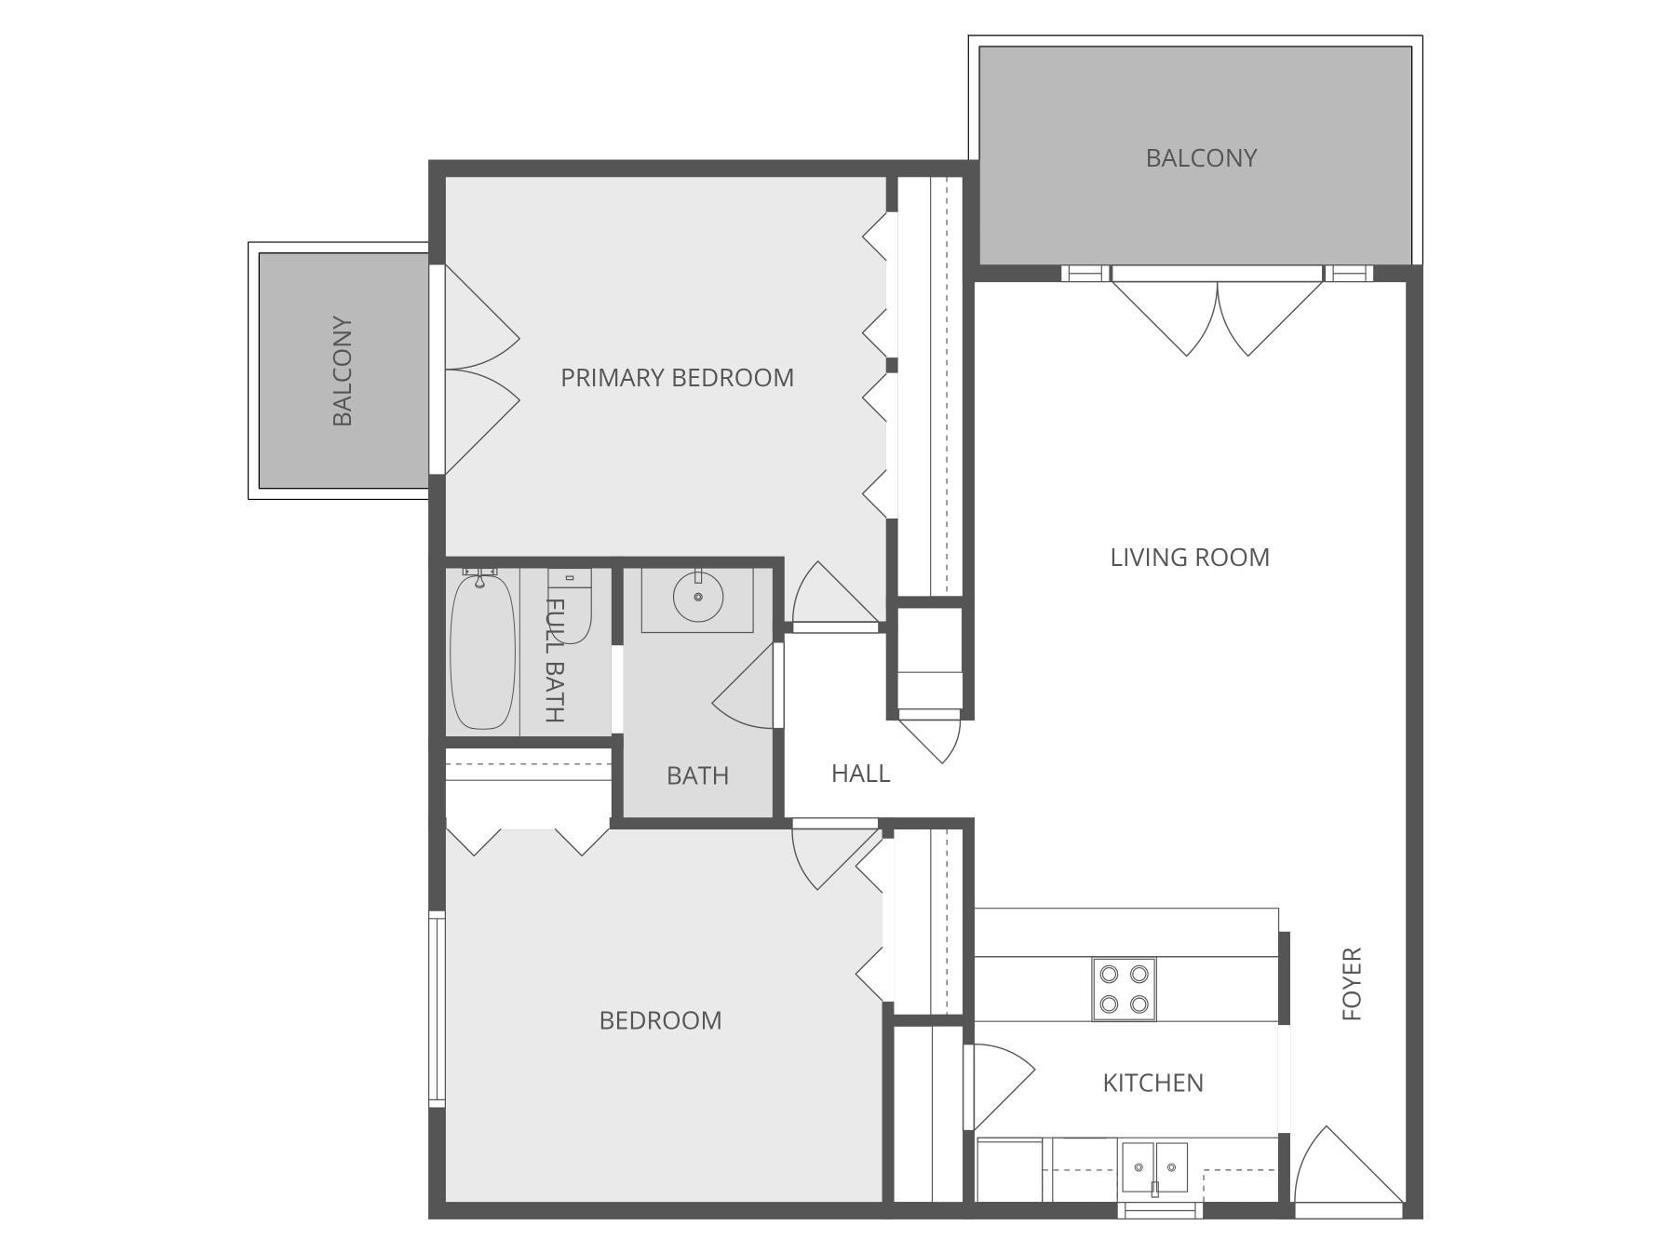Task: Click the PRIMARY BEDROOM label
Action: [677, 378]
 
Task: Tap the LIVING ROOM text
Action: [1189, 558]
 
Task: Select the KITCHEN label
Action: [1152, 1083]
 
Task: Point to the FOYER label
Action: [1352, 984]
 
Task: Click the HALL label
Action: [860, 774]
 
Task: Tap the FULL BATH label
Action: [554, 661]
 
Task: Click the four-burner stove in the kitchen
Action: [1123, 990]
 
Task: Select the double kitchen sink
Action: [1153, 1167]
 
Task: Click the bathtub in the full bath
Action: [482, 652]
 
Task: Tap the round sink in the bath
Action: [697, 597]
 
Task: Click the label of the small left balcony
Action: [343, 371]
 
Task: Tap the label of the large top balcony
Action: [1200, 158]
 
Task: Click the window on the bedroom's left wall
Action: [437, 1009]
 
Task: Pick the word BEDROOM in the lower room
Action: [660, 1021]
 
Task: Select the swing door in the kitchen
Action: [998, 1085]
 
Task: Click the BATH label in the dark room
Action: [697, 775]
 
